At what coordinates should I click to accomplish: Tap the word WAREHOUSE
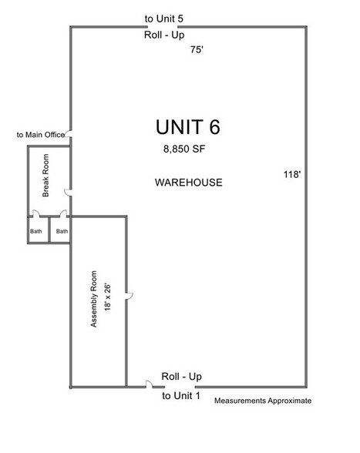point(189,183)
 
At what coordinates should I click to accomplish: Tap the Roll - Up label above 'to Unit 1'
point(181,376)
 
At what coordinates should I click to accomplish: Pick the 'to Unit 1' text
point(181,395)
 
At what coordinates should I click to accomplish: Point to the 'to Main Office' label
point(40,135)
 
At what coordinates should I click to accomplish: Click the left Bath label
point(36,230)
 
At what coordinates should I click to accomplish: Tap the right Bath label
point(62,230)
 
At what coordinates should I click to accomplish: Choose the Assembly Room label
point(95,300)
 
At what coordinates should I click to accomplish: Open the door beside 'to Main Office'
point(69,134)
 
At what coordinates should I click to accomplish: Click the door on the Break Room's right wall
point(69,191)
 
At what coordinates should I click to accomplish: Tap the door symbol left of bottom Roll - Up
point(146,384)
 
